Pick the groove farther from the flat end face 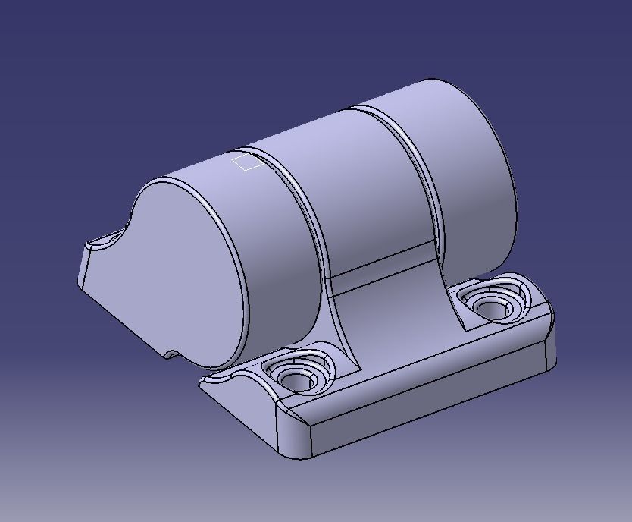point(413,167)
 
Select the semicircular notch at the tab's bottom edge point(171,354)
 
